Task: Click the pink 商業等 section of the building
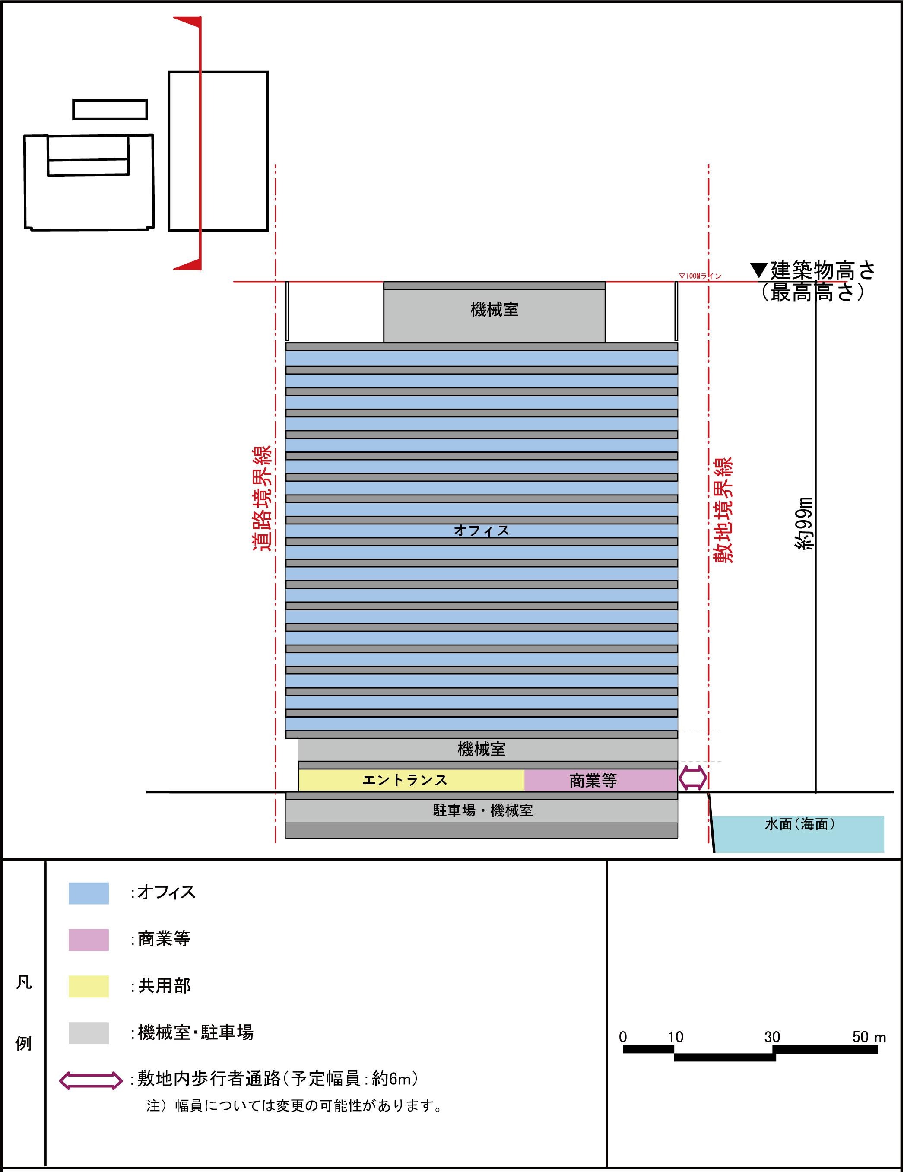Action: pyautogui.click(x=600, y=780)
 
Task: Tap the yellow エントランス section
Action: pyautogui.click(x=411, y=780)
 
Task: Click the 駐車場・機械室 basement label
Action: pyautogui.click(x=483, y=810)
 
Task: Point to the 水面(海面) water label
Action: pyautogui.click(x=800, y=824)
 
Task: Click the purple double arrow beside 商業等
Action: pyautogui.click(x=693, y=778)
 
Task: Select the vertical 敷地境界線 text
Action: pyautogui.click(x=723, y=510)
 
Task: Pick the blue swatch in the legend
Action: pyautogui.click(x=89, y=893)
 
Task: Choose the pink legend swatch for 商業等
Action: pyautogui.click(x=89, y=940)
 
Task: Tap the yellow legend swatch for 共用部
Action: pyautogui.click(x=89, y=986)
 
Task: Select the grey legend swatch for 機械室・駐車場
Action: pyautogui.click(x=89, y=1033)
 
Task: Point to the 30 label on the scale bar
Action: pyautogui.click(x=772, y=1037)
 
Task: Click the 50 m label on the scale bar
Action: pyautogui.click(x=869, y=1037)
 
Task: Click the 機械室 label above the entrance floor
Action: pyautogui.click(x=481, y=749)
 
